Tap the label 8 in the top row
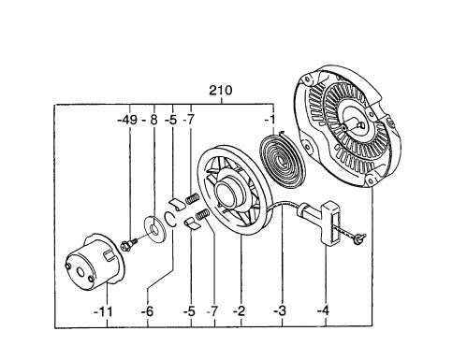[153, 121]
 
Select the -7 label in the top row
[190, 121]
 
